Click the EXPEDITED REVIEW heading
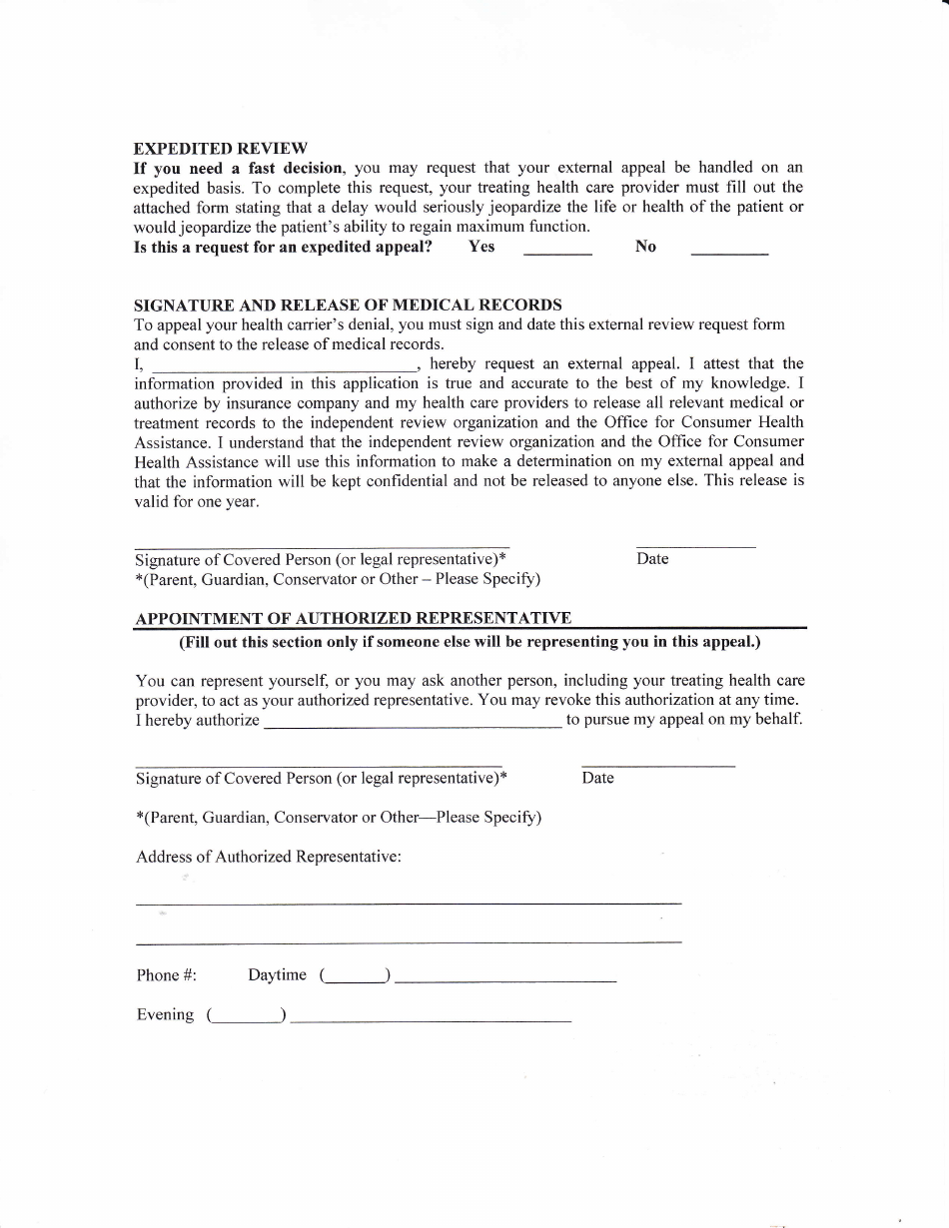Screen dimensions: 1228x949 click(x=221, y=148)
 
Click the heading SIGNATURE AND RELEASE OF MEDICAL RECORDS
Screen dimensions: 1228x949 click(x=348, y=305)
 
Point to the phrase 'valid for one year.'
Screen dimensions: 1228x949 click(x=196, y=502)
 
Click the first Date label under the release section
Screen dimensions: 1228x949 click(x=652, y=559)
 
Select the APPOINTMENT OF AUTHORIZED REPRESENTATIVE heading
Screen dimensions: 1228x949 click(x=353, y=618)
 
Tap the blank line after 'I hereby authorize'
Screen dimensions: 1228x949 click(x=412, y=723)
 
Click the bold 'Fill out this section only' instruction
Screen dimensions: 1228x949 click(x=470, y=642)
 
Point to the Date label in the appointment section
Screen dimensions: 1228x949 click(x=597, y=778)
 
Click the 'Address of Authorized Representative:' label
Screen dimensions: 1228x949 click(x=269, y=857)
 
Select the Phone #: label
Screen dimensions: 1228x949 click(x=166, y=975)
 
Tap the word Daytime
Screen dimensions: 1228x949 click(x=277, y=975)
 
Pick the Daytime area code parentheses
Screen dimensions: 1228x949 click(x=355, y=976)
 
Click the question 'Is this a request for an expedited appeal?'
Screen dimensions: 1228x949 click(x=283, y=247)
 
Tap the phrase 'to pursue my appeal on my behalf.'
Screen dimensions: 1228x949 click(x=684, y=719)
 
